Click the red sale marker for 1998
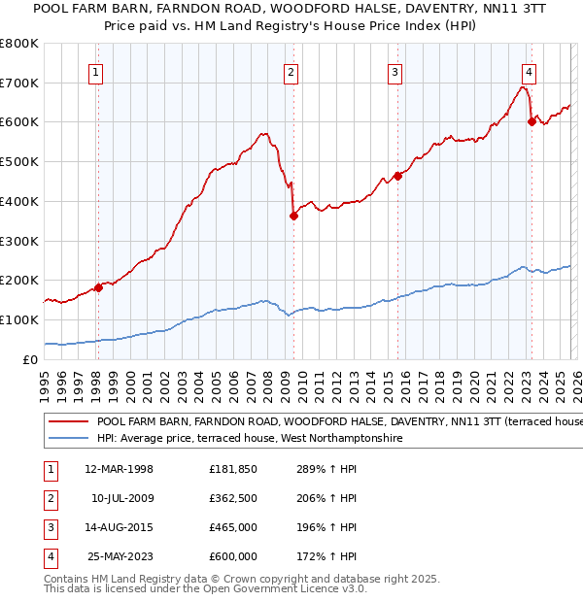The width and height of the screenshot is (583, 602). click(98, 287)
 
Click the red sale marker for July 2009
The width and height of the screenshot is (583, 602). click(293, 216)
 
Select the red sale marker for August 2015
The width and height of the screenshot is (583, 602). click(397, 176)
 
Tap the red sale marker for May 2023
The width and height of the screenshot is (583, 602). click(532, 121)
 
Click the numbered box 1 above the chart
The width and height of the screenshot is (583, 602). click(97, 71)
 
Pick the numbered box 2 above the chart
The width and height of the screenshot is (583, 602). click(291, 71)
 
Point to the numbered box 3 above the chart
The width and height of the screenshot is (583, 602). click(395, 71)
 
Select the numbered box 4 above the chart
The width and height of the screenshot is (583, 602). click(529, 71)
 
